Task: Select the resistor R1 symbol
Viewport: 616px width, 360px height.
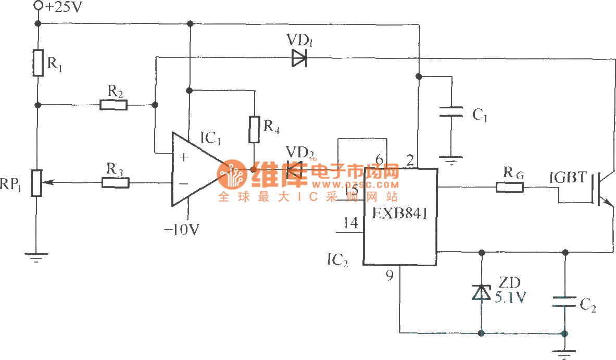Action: click(38, 63)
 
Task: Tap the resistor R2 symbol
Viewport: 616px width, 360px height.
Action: click(114, 105)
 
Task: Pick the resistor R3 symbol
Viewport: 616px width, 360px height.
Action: click(115, 182)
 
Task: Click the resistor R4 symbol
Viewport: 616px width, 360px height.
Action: click(254, 130)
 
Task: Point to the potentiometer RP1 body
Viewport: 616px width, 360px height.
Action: click(37, 182)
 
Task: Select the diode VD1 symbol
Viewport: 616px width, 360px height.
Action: click(299, 58)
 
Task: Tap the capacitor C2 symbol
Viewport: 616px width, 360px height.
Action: click(565, 302)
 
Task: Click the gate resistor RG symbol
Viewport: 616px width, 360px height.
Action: click(509, 187)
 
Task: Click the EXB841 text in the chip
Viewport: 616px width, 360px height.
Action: click(400, 214)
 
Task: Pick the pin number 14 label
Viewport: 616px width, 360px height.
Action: click(350, 223)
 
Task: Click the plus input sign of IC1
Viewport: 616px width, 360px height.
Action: click(184, 156)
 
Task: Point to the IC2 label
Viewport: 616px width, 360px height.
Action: click(337, 258)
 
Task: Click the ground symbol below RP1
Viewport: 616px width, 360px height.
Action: click(36, 256)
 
